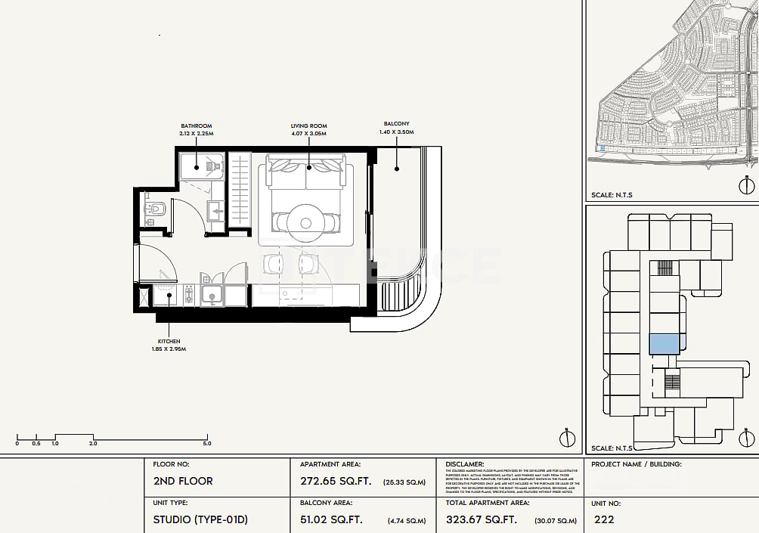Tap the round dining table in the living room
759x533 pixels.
305,222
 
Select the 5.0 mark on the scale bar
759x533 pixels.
207,444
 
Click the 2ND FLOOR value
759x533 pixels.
183,481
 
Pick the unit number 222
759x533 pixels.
604,519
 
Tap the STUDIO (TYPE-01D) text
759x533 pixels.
200,519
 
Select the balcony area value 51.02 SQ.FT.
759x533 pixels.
332,519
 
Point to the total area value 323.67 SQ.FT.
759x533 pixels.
482,519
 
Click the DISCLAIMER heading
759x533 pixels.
465,464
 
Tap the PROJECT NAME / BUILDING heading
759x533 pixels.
636,464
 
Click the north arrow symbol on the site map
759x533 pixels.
747,185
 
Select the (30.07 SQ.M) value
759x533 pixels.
556,520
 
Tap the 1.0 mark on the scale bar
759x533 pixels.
55,444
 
